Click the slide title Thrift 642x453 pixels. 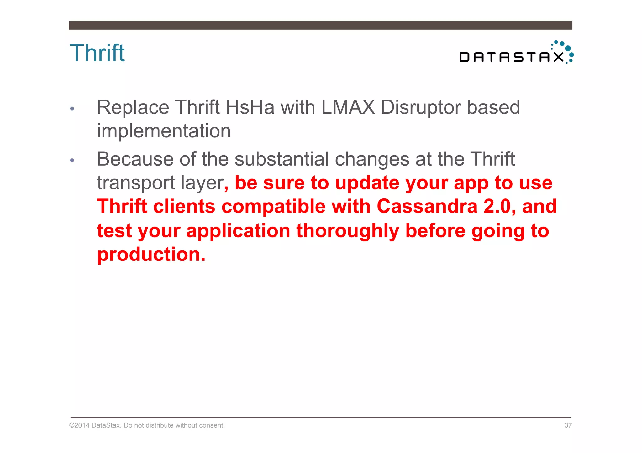[97, 53]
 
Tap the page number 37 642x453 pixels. [568, 425]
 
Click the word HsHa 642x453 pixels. [250, 107]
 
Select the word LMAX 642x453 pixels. [348, 107]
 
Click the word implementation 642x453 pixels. [164, 131]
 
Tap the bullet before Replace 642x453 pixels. [72, 109]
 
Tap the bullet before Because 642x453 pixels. [72, 160]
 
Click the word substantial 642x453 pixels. [282, 159]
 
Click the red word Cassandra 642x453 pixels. [427, 206]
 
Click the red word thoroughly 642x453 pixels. [348, 231]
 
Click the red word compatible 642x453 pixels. [274, 206]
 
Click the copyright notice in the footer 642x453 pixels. [147, 425]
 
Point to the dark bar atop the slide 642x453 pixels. [320, 25]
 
